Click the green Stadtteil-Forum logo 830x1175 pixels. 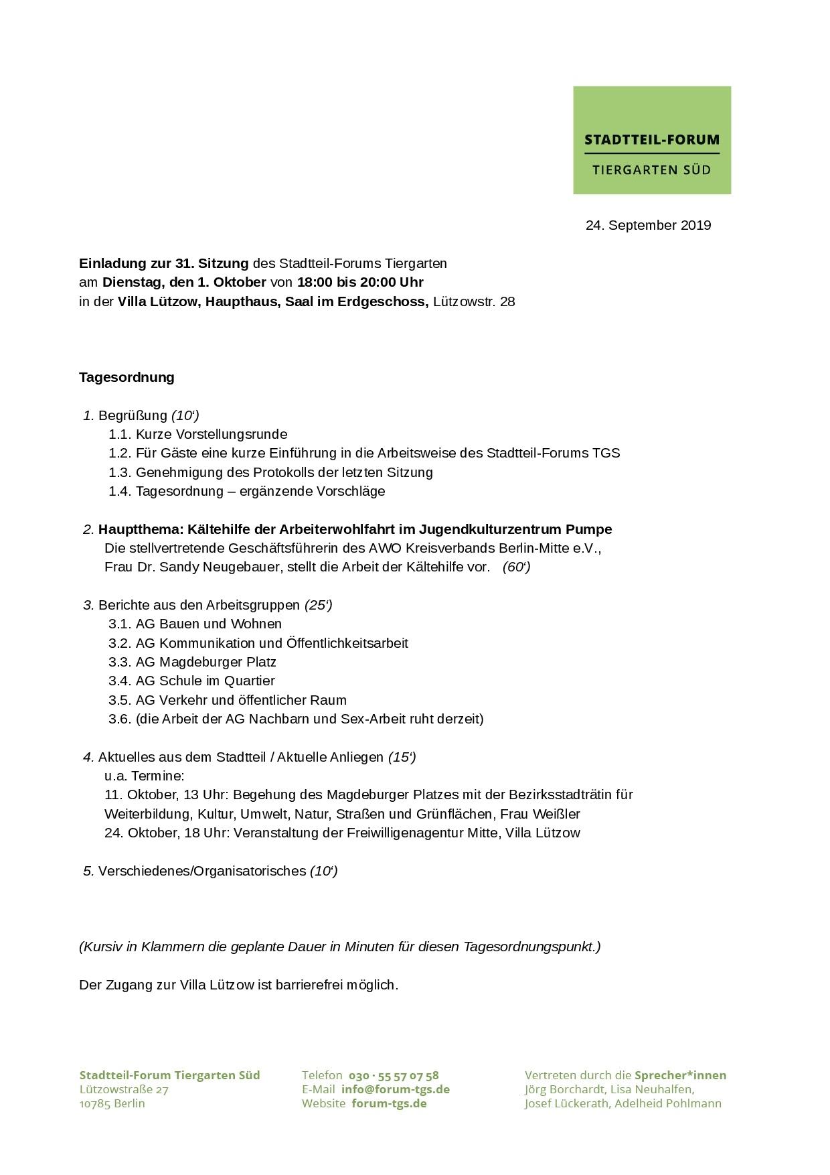[x=651, y=140]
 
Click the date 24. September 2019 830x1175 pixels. [x=648, y=225]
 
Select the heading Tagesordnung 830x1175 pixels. [x=127, y=377]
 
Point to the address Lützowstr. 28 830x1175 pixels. [x=474, y=301]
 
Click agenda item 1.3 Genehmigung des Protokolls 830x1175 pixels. [x=284, y=472]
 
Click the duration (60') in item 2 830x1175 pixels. [x=516, y=567]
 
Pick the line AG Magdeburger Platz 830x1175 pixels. [x=205, y=662]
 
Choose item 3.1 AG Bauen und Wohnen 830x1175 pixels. [x=208, y=624]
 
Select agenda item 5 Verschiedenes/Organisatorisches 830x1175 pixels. [x=201, y=871]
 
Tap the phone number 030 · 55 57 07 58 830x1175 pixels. [x=394, y=1075]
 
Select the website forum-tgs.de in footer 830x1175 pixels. [x=389, y=1103]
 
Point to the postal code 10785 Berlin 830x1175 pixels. [x=112, y=1103]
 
